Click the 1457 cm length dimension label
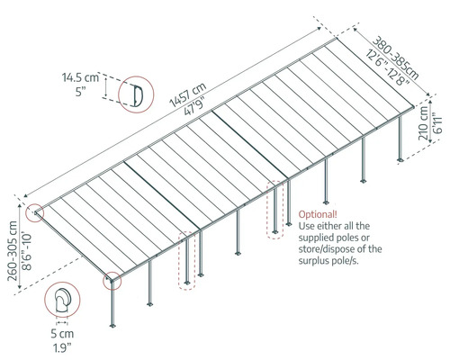coord(188,94)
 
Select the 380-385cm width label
coord(396,58)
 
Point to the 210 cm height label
coord(423,123)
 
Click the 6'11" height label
coord(437,123)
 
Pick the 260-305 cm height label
coord(13,251)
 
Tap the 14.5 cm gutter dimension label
coord(80,77)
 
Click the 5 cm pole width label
coord(62,334)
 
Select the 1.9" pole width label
coord(62,347)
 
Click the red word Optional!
coord(318,214)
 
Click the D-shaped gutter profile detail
coord(138,95)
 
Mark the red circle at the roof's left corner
coord(34,213)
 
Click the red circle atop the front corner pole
coord(112,281)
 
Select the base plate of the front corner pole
coord(112,326)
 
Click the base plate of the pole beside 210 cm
coord(400,159)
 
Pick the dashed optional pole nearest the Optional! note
coord(274,210)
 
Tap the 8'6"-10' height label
coord(27,251)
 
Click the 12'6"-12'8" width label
coord(388,67)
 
